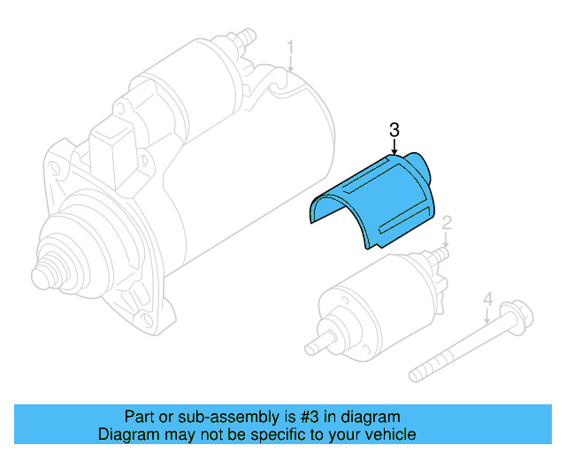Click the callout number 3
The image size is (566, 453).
click(x=394, y=130)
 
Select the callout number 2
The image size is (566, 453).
click(x=447, y=221)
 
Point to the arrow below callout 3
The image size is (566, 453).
click(x=394, y=149)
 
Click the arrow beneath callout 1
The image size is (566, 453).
click(x=290, y=63)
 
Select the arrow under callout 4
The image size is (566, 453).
click(x=486, y=318)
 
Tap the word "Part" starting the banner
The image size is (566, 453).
click(x=137, y=417)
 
